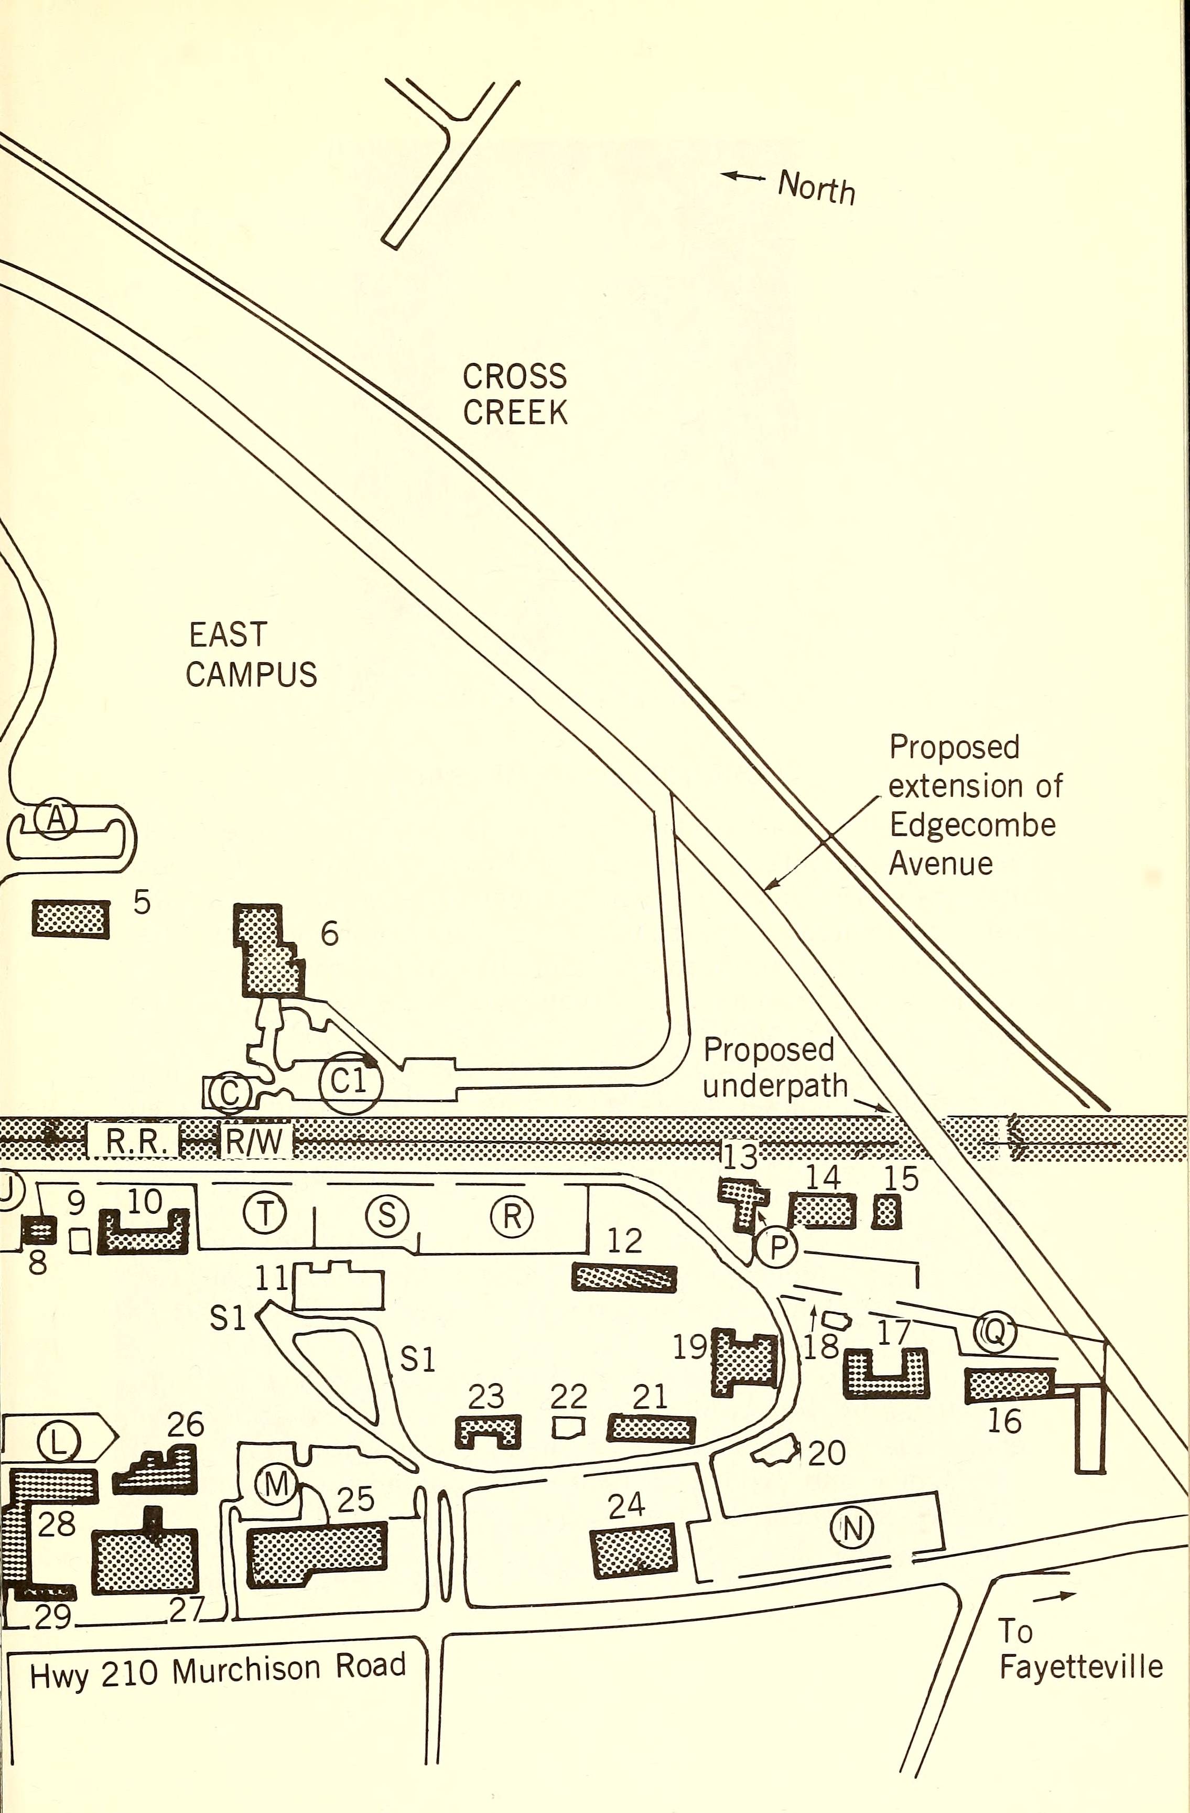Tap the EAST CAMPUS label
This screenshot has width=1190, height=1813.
(x=252, y=654)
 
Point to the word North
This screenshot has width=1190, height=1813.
(x=816, y=187)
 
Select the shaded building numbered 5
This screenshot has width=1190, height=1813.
(x=70, y=918)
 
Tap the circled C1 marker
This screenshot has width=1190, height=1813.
(x=350, y=1081)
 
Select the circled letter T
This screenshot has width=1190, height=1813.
(x=264, y=1214)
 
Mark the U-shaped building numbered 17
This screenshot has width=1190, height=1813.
(x=886, y=1372)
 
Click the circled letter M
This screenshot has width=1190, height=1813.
(x=275, y=1484)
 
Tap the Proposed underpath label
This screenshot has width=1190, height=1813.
(x=775, y=1068)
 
